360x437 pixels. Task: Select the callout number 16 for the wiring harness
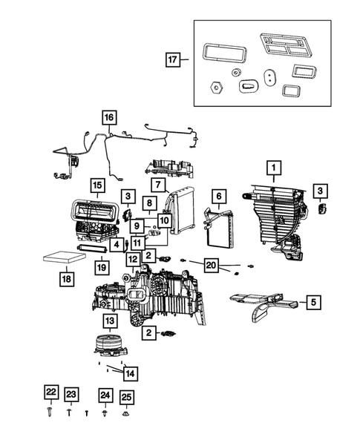109,118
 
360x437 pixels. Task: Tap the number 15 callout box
97,185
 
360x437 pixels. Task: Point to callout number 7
157,184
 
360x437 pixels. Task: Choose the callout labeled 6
219,196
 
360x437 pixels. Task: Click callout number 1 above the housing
273,168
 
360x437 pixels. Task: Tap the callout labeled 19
101,266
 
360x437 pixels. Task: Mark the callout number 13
109,321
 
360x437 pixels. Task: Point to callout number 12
132,259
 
